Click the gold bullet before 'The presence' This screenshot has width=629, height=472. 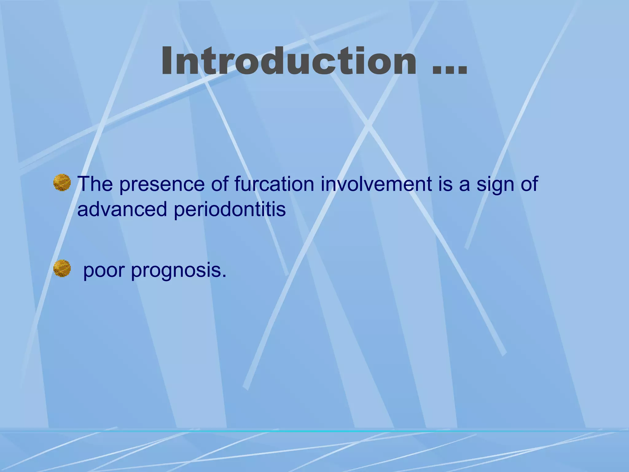pyautogui.click(x=62, y=183)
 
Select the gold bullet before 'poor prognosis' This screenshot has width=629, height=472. pyautogui.click(x=62, y=268)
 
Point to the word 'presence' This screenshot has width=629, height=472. pyautogui.click(x=162, y=185)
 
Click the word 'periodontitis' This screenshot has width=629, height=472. pyautogui.click(x=230, y=210)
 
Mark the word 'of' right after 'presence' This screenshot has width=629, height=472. pyautogui.click(x=219, y=184)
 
